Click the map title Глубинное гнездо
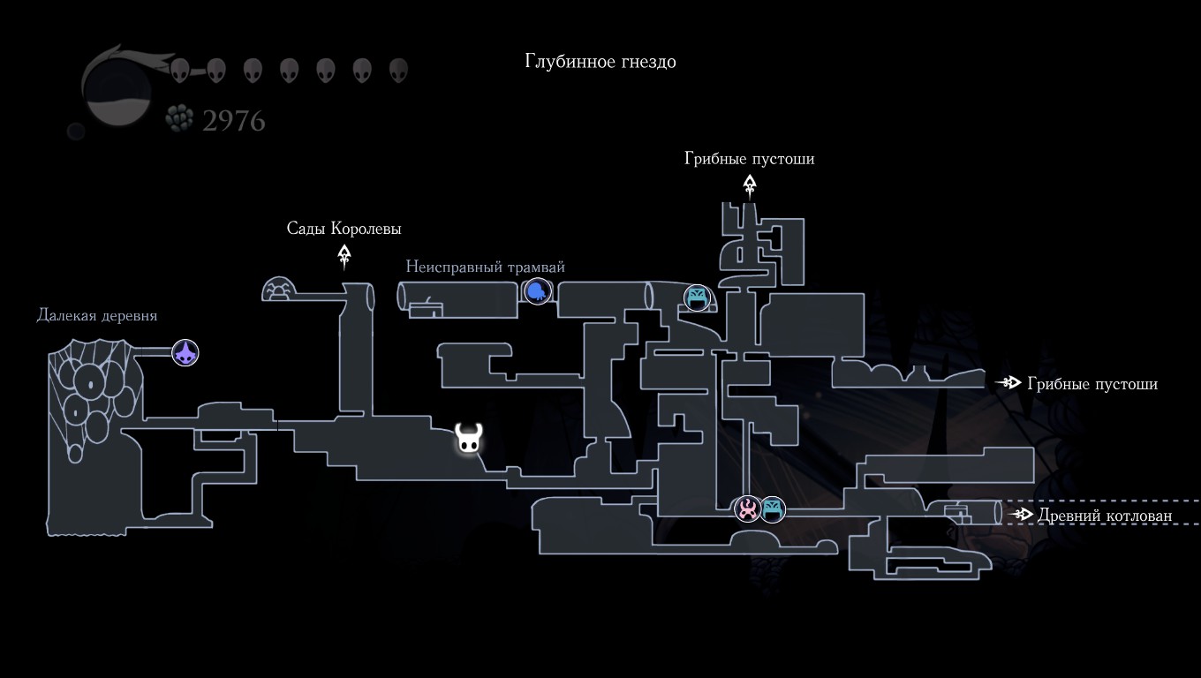pyautogui.click(x=600, y=61)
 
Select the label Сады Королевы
pyautogui.click(x=344, y=229)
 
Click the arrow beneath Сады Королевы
pyautogui.click(x=344, y=257)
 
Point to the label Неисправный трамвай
pyautogui.click(x=485, y=267)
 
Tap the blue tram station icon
pyautogui.click(x=537, y=290)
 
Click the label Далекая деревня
pyautogui.click(x=96, y=315)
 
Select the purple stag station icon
pyautogui.click(x=185, y=354)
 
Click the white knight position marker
pyautogui.click(x=469, y=439)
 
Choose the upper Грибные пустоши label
pyautogui.click(x=749, y=159)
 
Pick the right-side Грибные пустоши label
pyautogui.click(x=1092, y=384)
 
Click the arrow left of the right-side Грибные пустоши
pyautogui.click(x=1008, y=383)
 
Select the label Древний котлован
pyautogui.click(x=1105, y=516)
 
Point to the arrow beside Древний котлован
pyautogui.click(x=1023, y=514)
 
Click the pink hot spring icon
pyautogui.click(x=748, y=508)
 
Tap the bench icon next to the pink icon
pyautogui.click(x=773, y=508)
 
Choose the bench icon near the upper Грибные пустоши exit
pyautogui.click(x=698, y=298)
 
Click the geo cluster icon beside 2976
pyautogui.click(x=179, y=119)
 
